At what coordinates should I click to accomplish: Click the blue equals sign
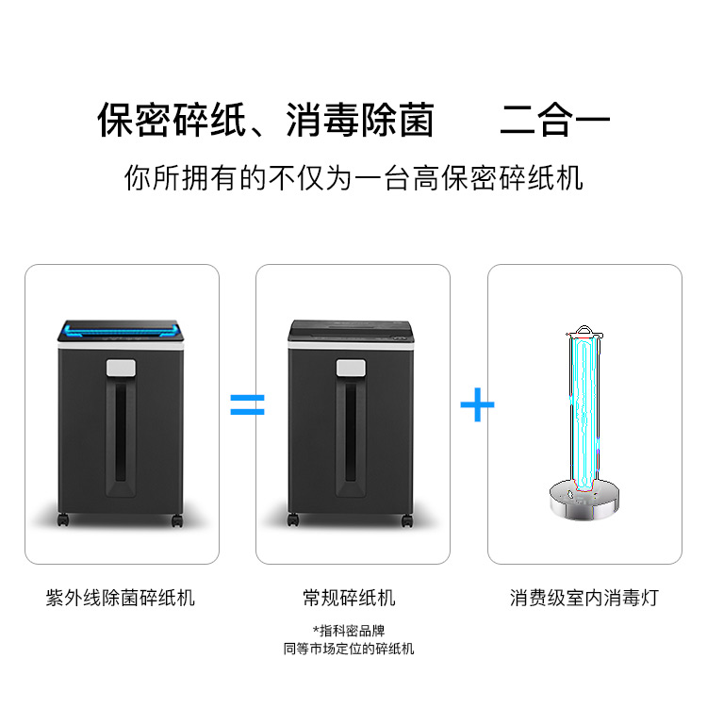pyautogui.click(x=248, y=404)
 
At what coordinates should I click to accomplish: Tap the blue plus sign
pyautogui.click(x=478, y=404)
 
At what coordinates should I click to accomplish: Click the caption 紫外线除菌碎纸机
pyautogui.click(x=120, y=598)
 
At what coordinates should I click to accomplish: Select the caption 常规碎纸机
pyautogui.click(x=349, y=598)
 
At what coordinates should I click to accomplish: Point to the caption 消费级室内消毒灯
pyautogui.click(x=584, y=598)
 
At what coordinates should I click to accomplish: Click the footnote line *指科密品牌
pyautogui.click(x=349, y=631)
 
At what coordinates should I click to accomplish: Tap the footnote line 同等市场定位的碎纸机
pyautogui.click(x=349, y=649)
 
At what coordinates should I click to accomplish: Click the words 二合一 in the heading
pyautogui.click(x=554, y=120)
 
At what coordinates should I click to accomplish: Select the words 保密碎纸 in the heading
pyautogui.click(x=172, y=120)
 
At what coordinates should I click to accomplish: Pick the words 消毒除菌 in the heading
pyautogui.click(x=360, y=120)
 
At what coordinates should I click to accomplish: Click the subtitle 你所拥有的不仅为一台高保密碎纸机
pyautogui.click(x=353, y=178)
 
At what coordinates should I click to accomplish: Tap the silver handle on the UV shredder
pyautogui.click(x=121, y=368)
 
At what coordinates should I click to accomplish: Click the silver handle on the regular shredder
pyautogui.click(x=351, y=368)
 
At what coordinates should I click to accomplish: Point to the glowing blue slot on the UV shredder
pyautogui.click(x=121, y=331)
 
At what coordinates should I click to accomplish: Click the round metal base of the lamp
pyautogui.click(x=584, y=499)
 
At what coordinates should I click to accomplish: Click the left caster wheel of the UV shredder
pyautogui.click(x=63, y=520)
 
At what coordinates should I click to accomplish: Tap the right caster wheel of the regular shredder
pyautogui.click(x=407, y=520)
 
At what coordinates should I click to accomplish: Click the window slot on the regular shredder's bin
pyautogui.click(x=351, y=433)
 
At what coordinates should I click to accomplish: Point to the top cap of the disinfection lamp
pyautogui.click(x=584, y=332)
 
